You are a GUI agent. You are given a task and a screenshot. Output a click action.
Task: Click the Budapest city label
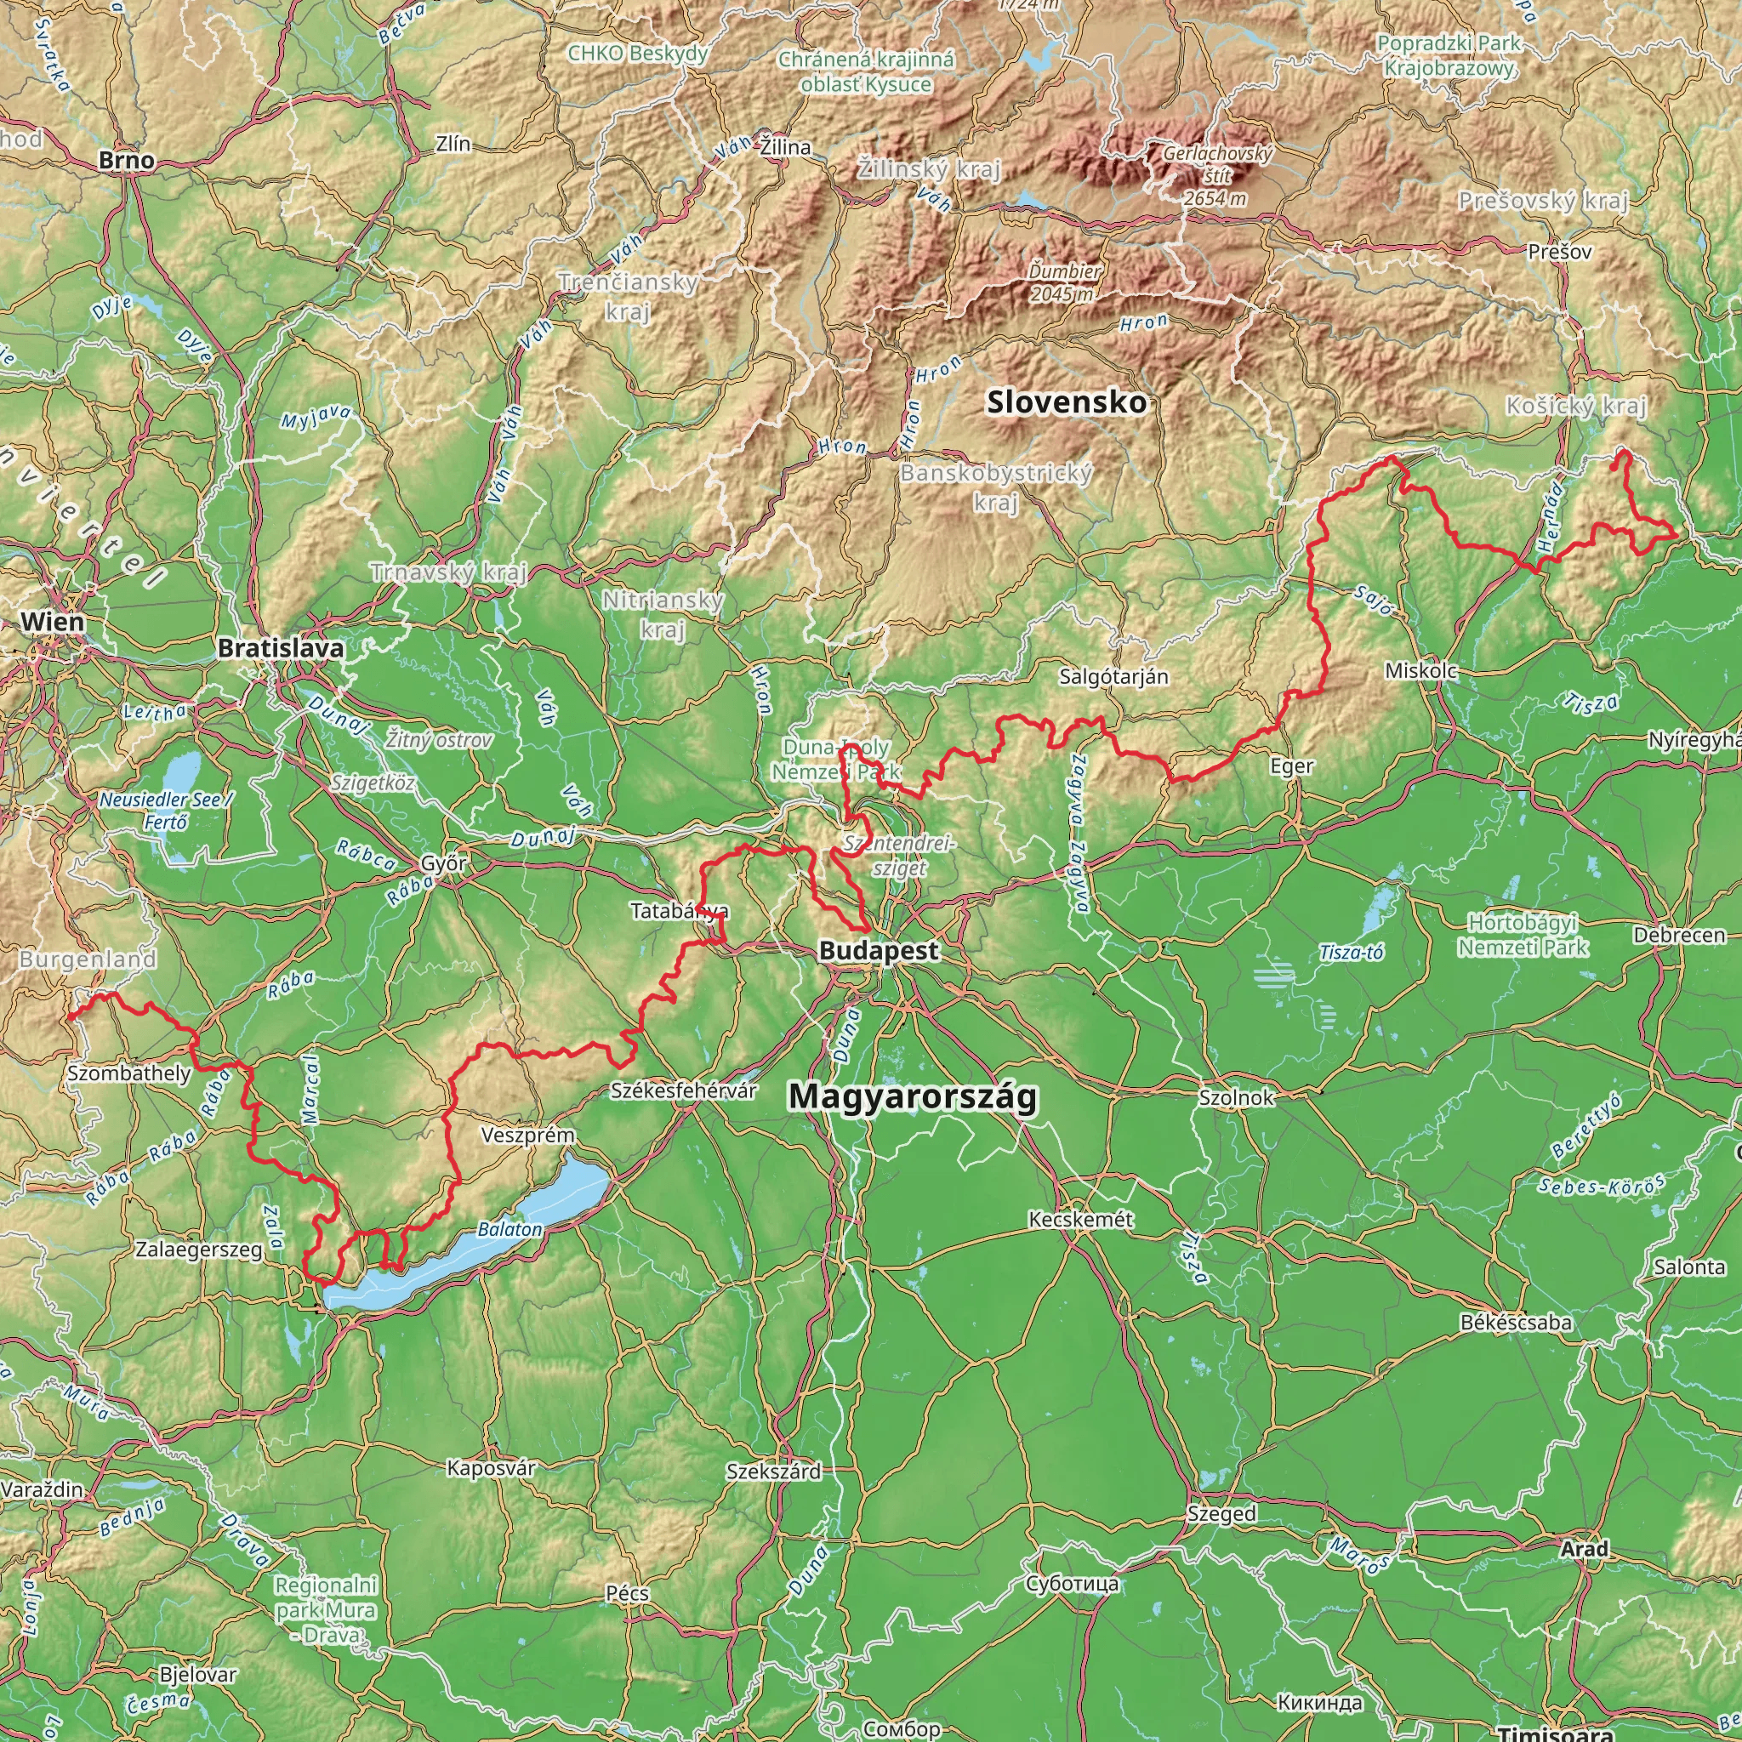tap(878, 950)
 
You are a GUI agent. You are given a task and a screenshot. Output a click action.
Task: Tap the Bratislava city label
tap(281, 648)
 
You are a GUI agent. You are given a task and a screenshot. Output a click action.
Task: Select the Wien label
tap(52, 621)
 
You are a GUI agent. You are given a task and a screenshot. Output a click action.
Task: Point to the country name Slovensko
tap(1067, 402)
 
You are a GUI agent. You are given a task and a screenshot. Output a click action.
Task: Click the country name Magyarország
tap(913, 1096)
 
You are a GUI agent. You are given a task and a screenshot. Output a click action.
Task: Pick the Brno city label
tap(126, 161)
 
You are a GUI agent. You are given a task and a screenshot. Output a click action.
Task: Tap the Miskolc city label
tap(1421, 671)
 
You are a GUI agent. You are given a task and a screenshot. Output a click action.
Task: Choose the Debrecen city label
tap(1679, 935)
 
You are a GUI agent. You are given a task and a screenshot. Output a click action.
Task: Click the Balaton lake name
tap(510, 1230)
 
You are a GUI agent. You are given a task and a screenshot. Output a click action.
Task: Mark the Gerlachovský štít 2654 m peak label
tap(1216, 176)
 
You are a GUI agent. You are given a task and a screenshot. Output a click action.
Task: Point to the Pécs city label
tap(627, 1593)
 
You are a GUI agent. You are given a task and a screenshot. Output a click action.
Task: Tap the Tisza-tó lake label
tap(1351, 953)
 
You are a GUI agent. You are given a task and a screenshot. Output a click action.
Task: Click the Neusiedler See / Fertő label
tap(166, 811)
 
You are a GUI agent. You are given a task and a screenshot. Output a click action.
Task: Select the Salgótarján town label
tap(1113, 676)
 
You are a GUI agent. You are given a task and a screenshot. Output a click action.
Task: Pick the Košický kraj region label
tap(1576, 407)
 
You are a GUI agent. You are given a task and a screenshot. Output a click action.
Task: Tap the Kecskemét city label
tap(1081, 1219)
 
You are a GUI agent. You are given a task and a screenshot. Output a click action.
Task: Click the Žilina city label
tap(785, 147)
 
